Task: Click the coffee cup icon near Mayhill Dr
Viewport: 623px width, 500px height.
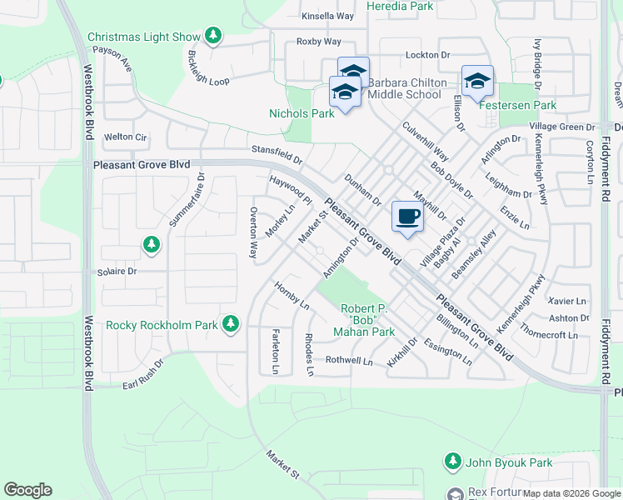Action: (407, 217)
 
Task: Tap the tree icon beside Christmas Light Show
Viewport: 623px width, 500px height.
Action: (214, 37)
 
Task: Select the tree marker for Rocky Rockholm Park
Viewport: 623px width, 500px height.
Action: (231, 324)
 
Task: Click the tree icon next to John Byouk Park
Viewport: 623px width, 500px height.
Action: (452, 462)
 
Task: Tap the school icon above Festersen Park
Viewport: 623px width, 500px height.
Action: (477, 82)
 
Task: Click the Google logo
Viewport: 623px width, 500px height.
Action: (27, 490)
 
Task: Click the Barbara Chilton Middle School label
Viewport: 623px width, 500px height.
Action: (404, 88)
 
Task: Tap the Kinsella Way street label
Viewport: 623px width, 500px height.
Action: (328, 16)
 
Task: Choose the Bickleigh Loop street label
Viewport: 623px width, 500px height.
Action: (207, 69)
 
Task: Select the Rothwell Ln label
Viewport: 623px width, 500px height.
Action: (349, 361)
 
